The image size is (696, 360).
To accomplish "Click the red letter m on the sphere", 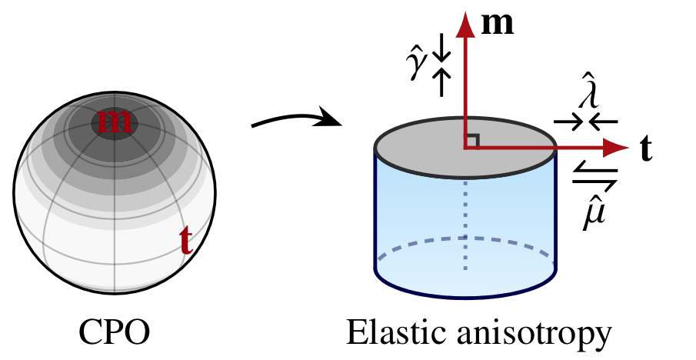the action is [115, 121].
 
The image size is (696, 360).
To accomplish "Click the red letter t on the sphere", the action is [185, 241].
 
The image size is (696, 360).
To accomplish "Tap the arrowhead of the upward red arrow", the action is [465, 25].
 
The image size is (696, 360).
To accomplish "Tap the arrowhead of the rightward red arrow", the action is [615, 148].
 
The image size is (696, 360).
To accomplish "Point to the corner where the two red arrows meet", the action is [465, 148].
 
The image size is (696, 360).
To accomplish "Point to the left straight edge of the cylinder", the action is [375, 208].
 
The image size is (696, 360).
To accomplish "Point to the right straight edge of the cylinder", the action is [555, 208].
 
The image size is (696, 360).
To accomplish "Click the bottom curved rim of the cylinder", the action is [465, 296].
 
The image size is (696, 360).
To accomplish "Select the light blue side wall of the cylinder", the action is [508, 208].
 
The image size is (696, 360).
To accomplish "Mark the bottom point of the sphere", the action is [115, 291].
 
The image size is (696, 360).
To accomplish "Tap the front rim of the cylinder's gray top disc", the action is [465, 177].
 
